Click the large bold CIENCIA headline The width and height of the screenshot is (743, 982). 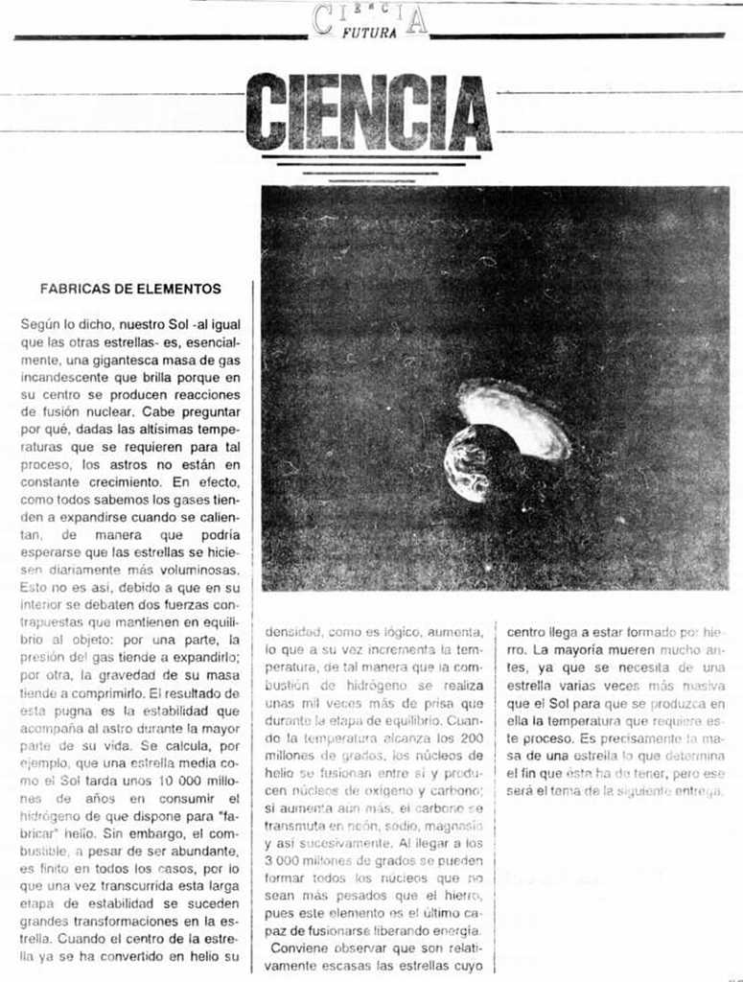(x=369, y=113)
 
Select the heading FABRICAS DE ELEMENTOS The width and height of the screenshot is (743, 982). (x=130, y=288)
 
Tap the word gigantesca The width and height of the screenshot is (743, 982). (x=102, y=361)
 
